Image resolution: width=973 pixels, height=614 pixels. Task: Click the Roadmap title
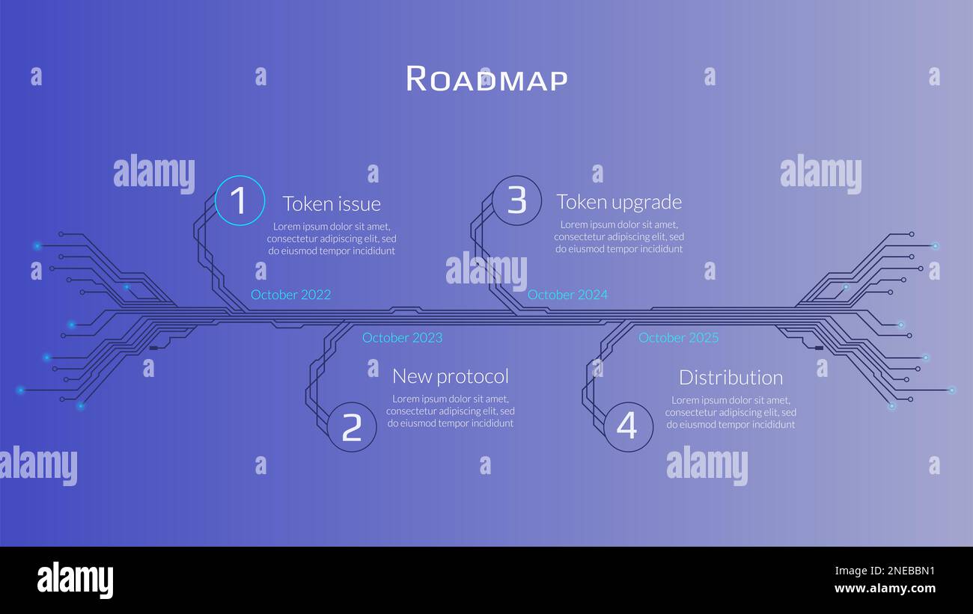pyautogui.click(x=487, y=79)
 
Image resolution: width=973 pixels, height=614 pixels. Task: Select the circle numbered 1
pyautogui.click(x=240, y=200)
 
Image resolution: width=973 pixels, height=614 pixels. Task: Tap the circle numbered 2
pyautogui.click(x=352, y=426)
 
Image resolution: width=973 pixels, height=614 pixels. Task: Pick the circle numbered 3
pyautogui.click(x=516, y=200)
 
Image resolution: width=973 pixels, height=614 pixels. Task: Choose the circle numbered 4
pyautogui.click(x=627, y=426)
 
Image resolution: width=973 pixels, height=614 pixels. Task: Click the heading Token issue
pyautogui.click(x=332, y=203)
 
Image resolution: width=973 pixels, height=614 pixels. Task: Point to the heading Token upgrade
pyautogui.click(x=619, y=202)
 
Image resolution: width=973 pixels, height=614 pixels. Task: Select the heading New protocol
pyautogui.click(x=451, y=375)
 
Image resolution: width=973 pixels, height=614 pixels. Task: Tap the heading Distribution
pyautogui.click(x=730, y=377)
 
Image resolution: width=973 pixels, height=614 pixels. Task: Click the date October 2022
pyautogui.click(x=290, y=295)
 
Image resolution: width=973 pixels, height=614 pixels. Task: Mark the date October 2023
pyautogui.click(x=402, y=337)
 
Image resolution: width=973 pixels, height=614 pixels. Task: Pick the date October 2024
pyautogui.click(x=567, y=295)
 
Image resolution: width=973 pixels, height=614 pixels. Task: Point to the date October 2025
pyautogui.click(x=678, y=337)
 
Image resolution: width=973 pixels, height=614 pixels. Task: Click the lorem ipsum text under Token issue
pyautogui.click(x=332, y=239)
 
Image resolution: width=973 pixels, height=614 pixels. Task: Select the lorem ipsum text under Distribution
pyautogui.click(x=730, y=412)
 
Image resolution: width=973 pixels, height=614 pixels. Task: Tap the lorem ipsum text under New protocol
pyautogui.click(x=451, y=411)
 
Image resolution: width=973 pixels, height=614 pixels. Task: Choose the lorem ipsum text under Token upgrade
pyautogui.click(x=619, y=237)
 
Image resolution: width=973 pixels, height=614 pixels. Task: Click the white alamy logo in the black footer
pyautogui.click(x=75, y=580)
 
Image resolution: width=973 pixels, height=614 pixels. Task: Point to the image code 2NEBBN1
pyautogui.click(x=885, y=571)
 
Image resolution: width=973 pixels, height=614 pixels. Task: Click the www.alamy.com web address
pyautogui.click(x=885, y=589)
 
